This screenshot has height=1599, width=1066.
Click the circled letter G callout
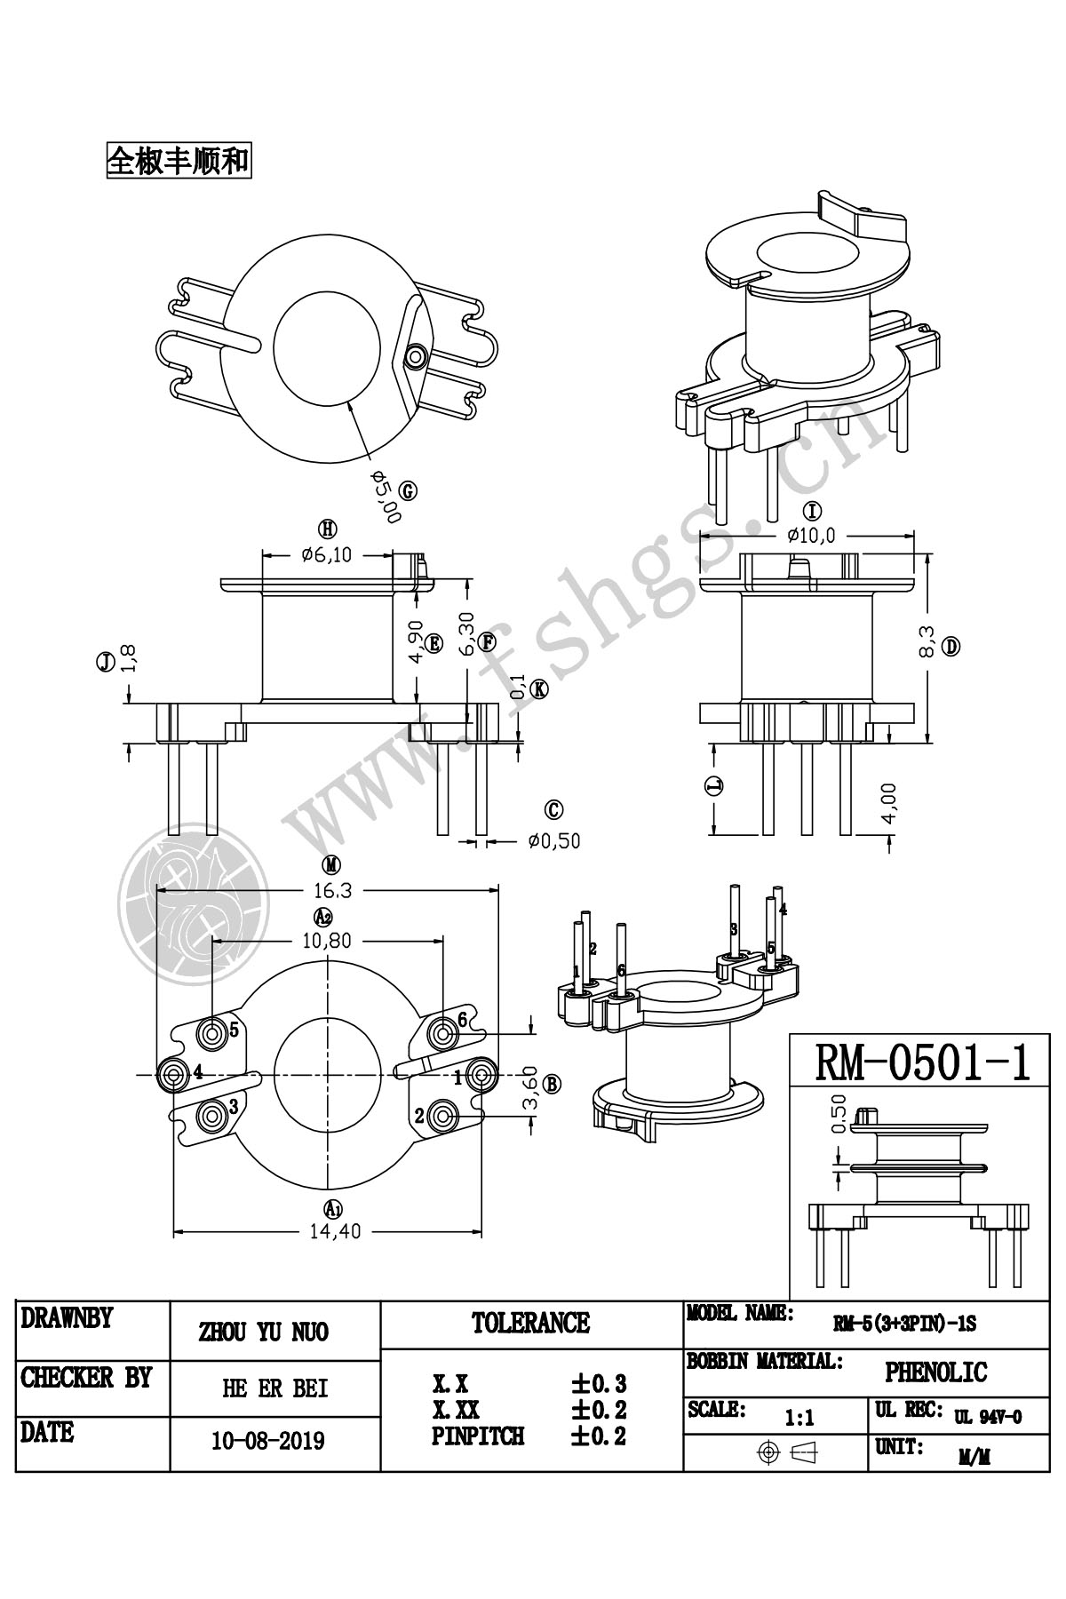click(x=408, y=491)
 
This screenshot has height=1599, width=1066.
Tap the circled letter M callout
click(x=330, y=864)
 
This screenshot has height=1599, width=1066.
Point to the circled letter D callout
click(x=951, y=647)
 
